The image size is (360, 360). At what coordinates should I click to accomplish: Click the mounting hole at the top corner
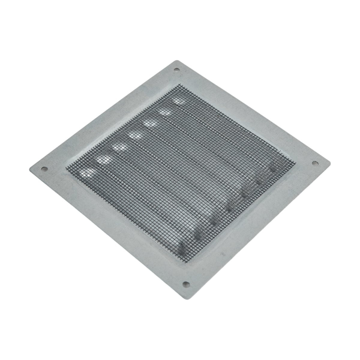(x=176, y=70)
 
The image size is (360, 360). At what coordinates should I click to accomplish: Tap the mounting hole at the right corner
(x=314, y=163)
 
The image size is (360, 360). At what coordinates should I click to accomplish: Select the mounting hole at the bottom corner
(x=185, y=284)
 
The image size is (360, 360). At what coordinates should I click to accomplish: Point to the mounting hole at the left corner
(x=44, y=169)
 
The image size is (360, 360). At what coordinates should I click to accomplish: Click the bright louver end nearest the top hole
(x=179, y=101)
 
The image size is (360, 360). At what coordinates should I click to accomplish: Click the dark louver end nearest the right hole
(x=272, y=169)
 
